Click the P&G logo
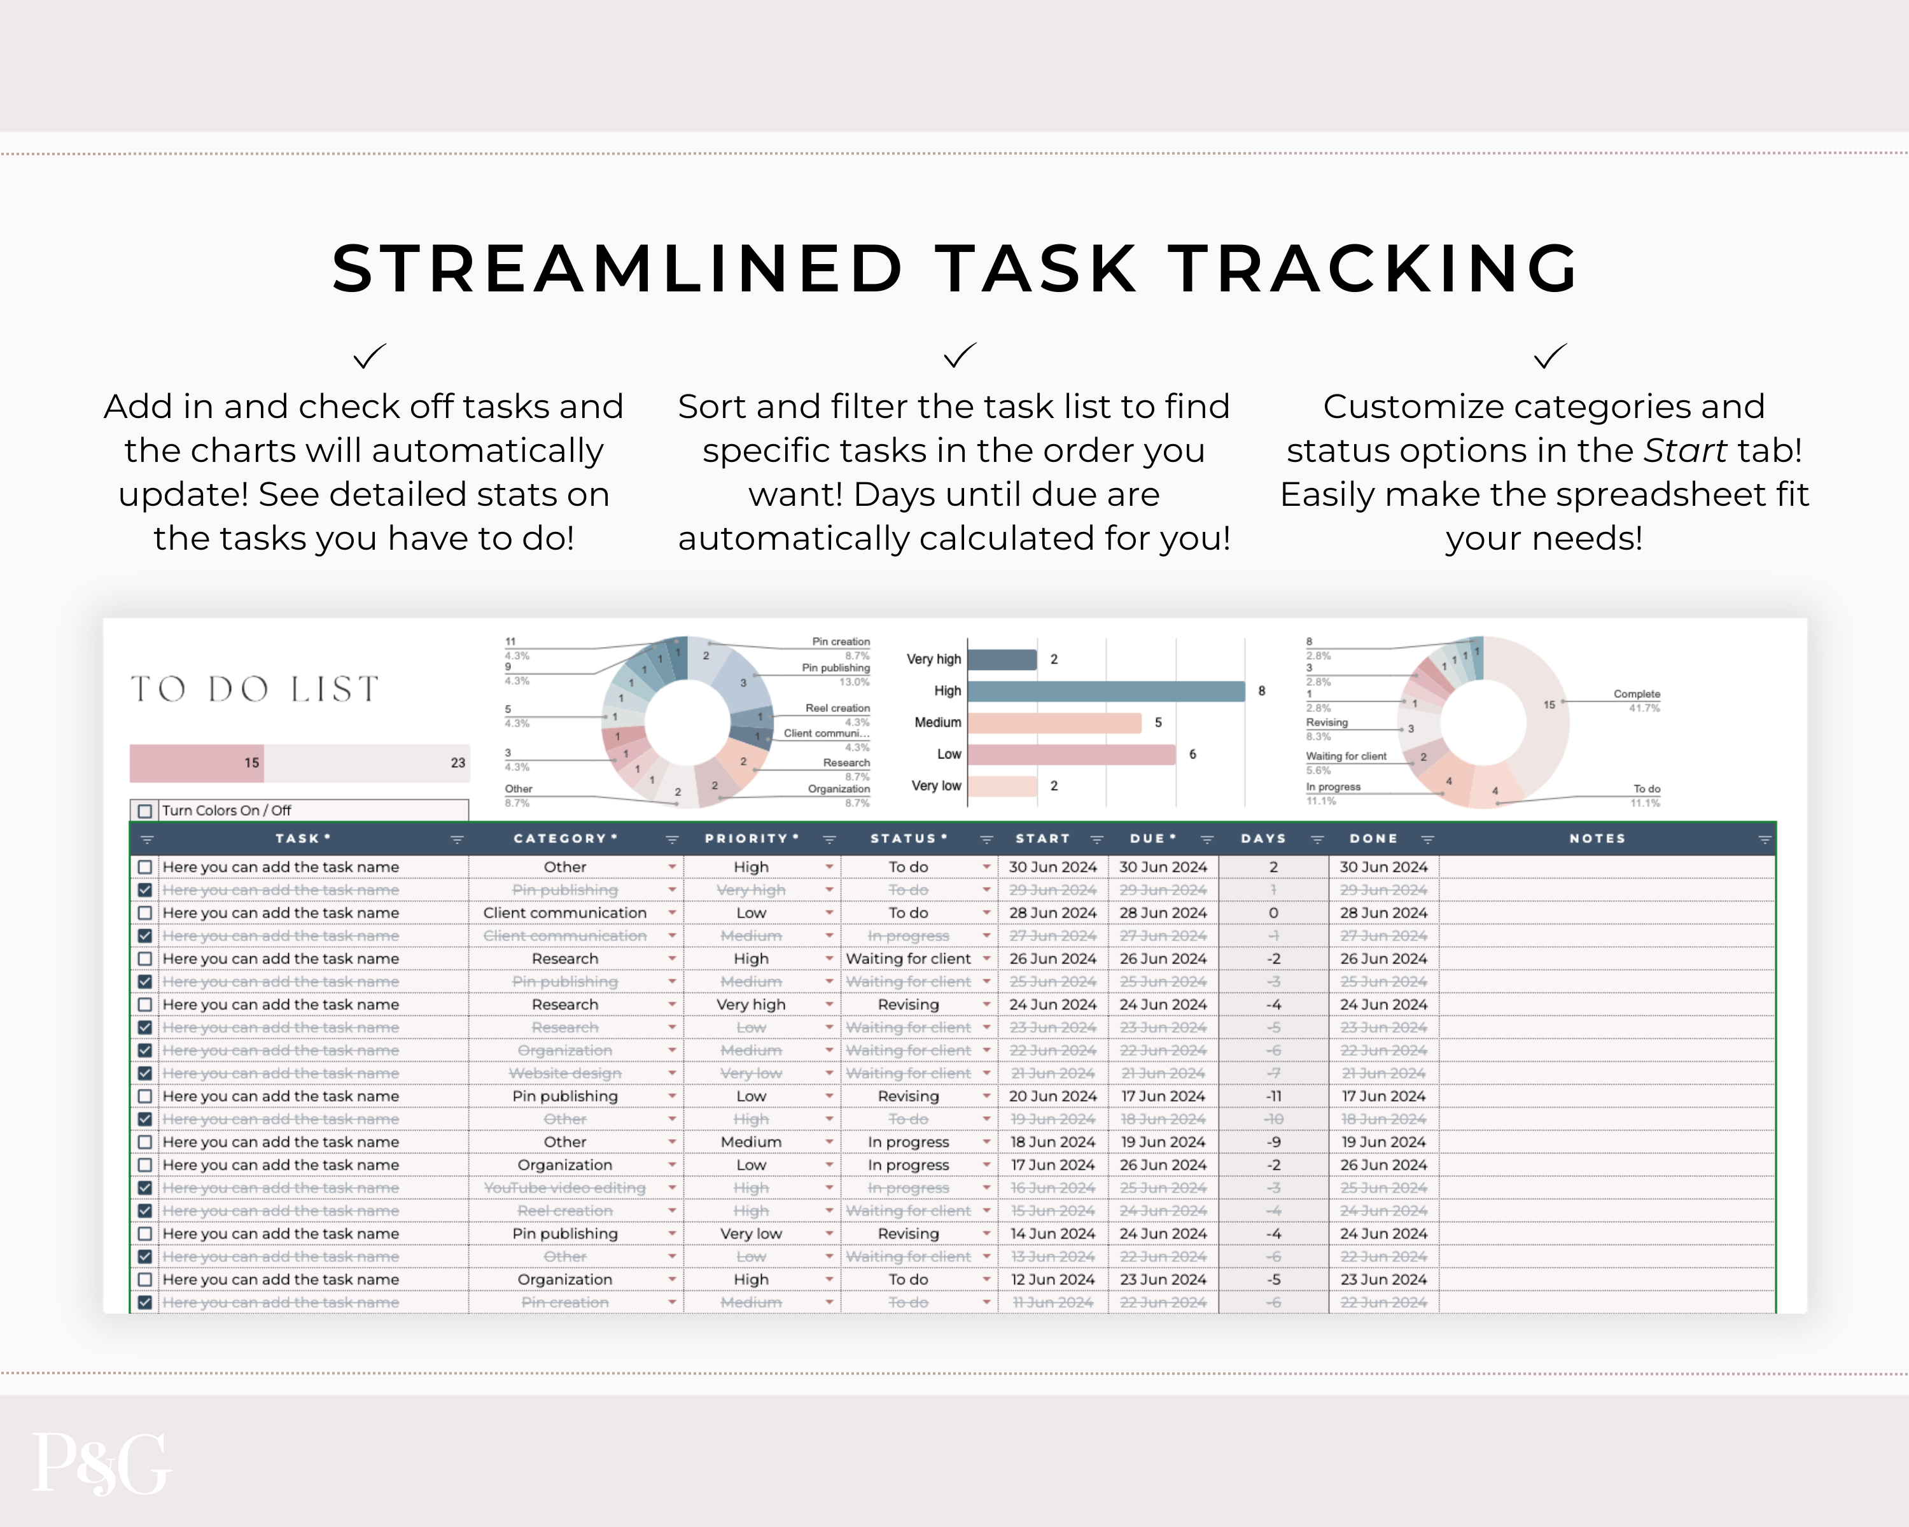pyautogui.click(x=101, y=1462)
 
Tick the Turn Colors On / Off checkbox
pyautogui.click(x=145, y=811)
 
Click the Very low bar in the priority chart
pyautogui.click(x=1002, y=786)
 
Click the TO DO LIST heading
pyautogui.click(x=256, y=688)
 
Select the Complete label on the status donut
pyautogui.click(x=1636, y=694)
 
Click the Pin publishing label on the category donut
pyautogui.click(x=836, y=668)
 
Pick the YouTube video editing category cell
pyautogui.click(x=565, y=1188)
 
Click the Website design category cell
pyautogui.click(x=565, y=1073)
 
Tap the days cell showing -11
pyautogui.click(x=1273, y=1096)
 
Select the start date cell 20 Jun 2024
pyautogui.click(x=1052, y=1096)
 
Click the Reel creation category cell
pyautogui.click(x=565, y=1211)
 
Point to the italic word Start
pyautogui.click(x=1685, y=450)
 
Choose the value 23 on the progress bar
pyautogui.click(x=458, y=763)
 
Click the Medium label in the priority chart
pyautogui.click(x=938, y=722)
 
